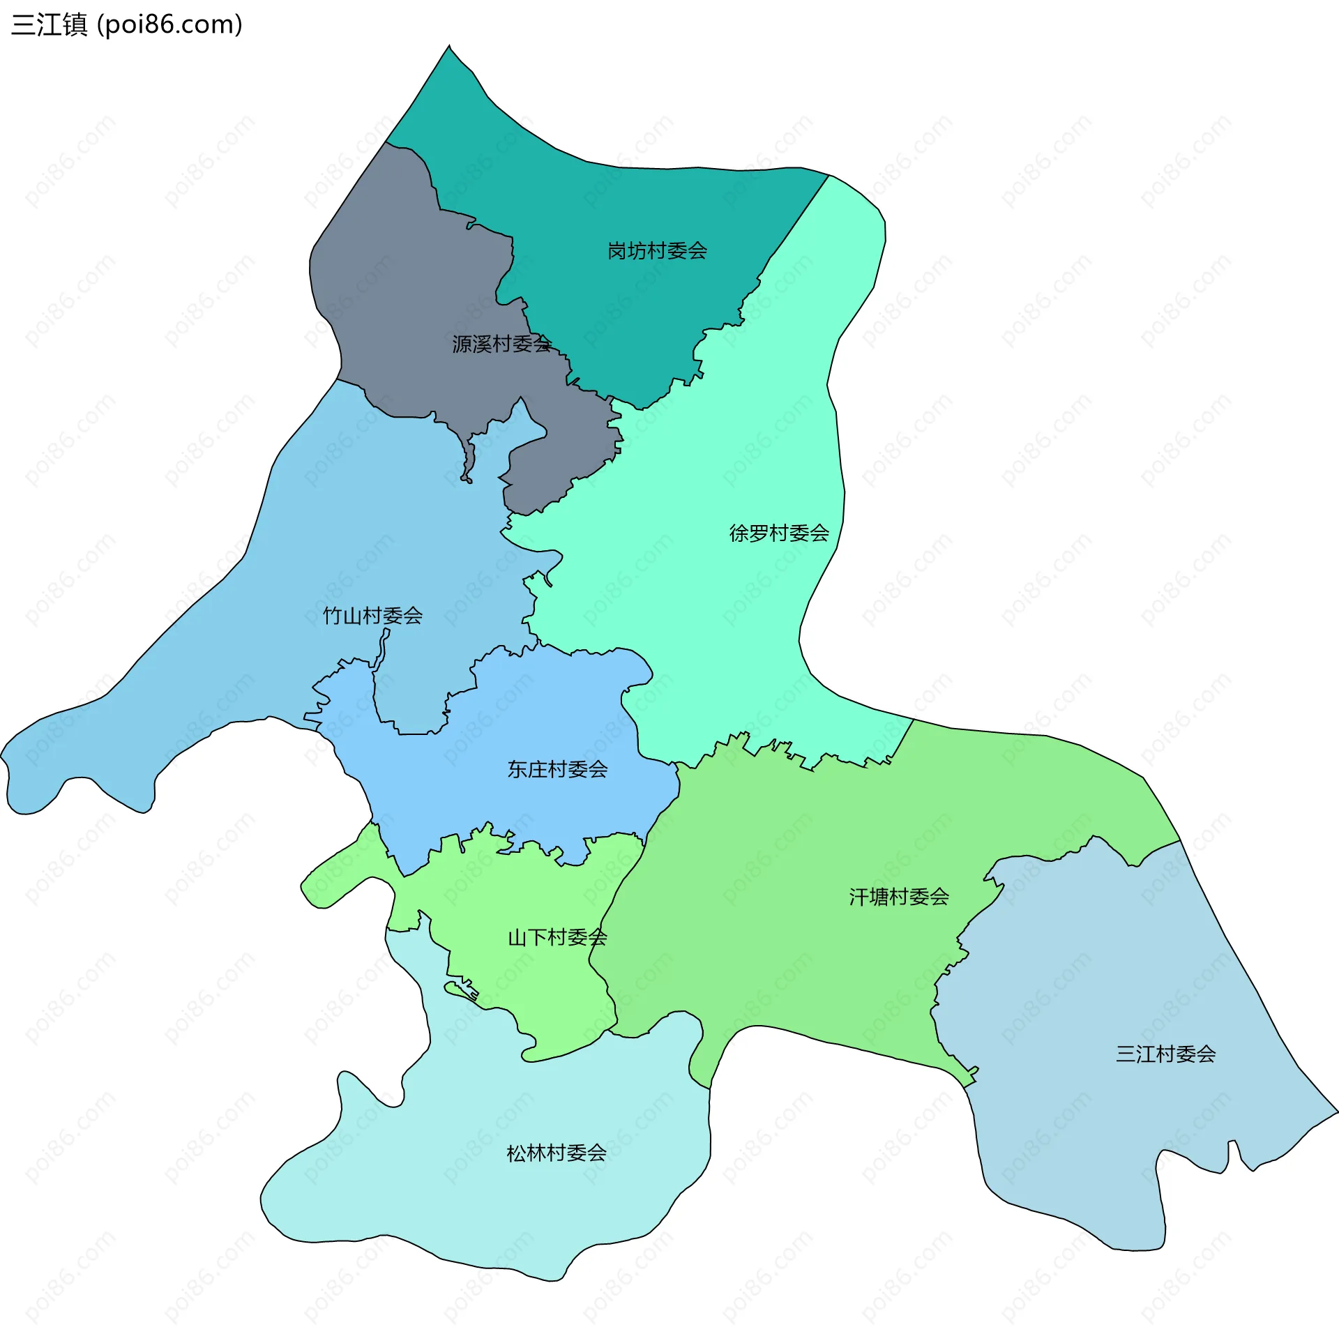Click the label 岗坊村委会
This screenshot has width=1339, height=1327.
(657, 250)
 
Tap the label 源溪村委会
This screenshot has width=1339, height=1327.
(501, 344)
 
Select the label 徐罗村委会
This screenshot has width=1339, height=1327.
(779, 533)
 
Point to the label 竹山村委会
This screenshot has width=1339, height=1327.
(372, 615)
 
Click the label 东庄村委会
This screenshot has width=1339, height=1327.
(557, 769)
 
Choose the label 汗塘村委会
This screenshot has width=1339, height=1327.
(899, 897)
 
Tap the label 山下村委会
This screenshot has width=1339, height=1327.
(557, 937)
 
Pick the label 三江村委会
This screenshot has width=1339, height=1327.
(1165, 1054)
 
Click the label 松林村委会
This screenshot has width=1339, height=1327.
(556, 1153)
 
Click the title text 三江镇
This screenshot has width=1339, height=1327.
(50, 24)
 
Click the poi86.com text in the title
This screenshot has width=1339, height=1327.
(169, 24)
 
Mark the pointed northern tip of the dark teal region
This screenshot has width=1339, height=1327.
(449, 47)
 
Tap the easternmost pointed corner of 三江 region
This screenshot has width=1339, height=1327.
(1336, 1111)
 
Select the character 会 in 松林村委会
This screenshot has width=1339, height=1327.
(596, 1153)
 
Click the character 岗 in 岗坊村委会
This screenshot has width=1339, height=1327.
(616, 250)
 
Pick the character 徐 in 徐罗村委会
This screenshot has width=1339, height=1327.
(739, 533)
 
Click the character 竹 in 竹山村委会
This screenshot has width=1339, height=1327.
(333, 615)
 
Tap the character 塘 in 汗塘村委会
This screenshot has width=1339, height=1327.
(879, 897)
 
